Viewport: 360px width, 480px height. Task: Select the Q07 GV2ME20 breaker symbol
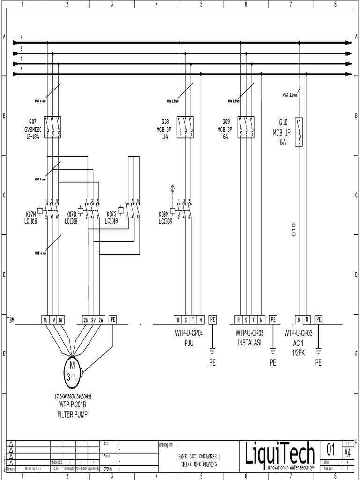(x=52, y=127)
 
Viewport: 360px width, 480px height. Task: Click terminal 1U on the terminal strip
(x=45, y=320)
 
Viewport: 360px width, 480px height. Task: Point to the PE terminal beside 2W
(x=113, y=320)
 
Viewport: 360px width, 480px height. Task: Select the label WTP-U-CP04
(x=187, y=334)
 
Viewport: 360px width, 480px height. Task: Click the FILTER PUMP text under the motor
(x=72, y=414)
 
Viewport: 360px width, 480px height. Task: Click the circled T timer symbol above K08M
(x=172, y=188)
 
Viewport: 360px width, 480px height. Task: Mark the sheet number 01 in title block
(x=331, y=451)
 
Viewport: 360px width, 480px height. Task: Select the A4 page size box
(x=347, y=453)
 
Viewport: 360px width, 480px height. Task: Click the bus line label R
(x=21, y=37)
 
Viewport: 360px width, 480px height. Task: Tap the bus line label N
(x=21, y=69)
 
